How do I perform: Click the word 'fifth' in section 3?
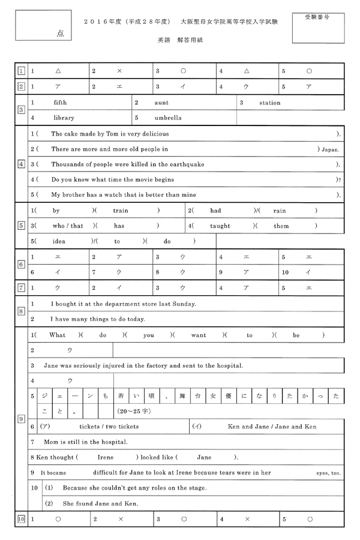60,103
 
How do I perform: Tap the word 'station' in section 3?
270,103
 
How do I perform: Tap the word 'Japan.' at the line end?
331,149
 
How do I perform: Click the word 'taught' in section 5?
220,226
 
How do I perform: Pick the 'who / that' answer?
68,226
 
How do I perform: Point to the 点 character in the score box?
61,34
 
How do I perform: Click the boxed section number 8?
21,311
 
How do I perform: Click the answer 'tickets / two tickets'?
109,427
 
